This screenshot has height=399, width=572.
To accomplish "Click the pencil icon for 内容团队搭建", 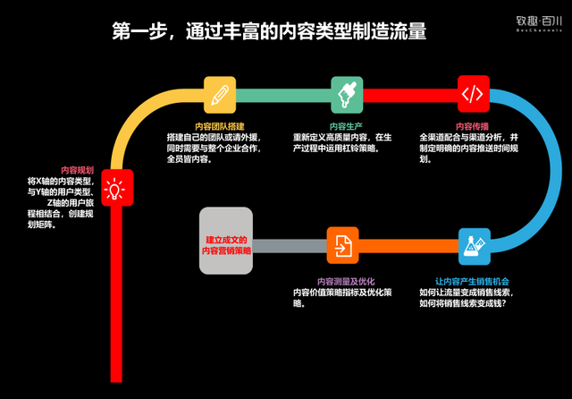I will point(219,92).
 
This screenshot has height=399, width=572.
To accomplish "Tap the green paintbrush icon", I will point(346,92).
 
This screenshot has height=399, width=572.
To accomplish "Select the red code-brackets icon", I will point(473,92).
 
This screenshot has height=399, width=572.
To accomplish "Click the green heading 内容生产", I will point(344,126).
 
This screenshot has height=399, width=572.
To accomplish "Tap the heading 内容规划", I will point(77,169).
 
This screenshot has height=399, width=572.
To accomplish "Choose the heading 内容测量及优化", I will point(341,281).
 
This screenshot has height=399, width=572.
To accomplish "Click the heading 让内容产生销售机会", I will point(471,281).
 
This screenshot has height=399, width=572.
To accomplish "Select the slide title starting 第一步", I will point(269,32).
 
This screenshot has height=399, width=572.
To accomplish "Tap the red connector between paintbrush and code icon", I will point(409,93).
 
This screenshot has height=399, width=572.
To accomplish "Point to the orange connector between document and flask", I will point(408,245).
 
